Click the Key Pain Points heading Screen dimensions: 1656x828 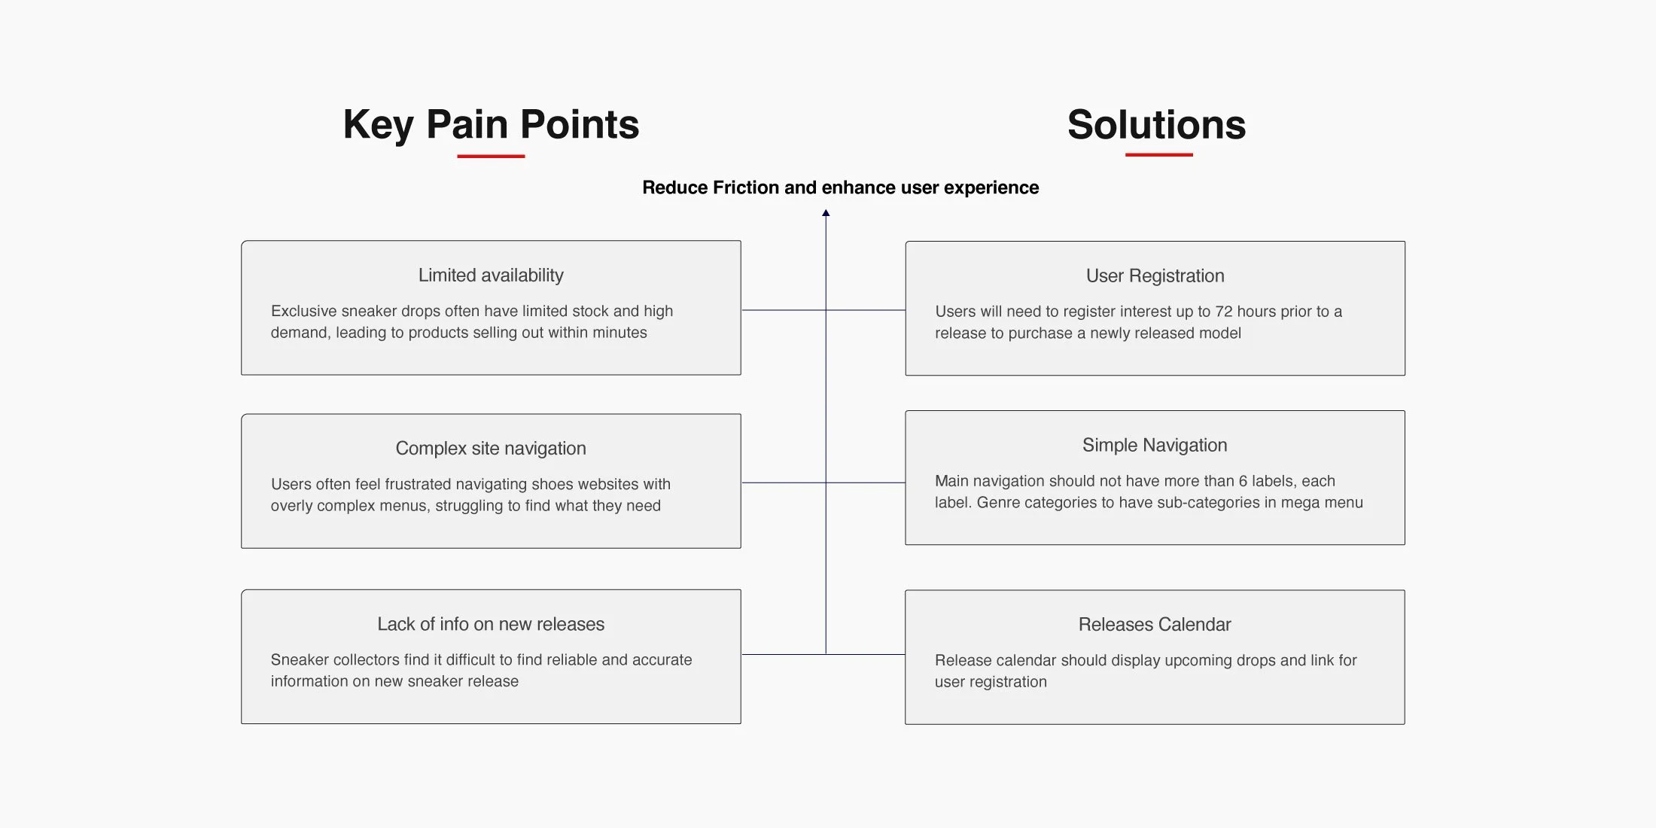(491, 125)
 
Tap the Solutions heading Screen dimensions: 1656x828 (1157, 125)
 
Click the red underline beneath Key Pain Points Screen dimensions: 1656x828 (491, 156)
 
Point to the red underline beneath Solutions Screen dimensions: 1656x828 (1159, 155)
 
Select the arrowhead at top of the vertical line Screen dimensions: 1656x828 (826, 213)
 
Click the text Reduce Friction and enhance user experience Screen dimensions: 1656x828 (840, 187)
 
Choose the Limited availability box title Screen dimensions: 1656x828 (491, 275)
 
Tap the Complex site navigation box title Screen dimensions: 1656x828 (491, 449)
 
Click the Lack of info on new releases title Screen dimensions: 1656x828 (491, 624)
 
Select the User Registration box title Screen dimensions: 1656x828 (1155, 276)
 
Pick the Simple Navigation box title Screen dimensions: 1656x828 (1155, 446)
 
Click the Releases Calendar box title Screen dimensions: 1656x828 (1155, 625)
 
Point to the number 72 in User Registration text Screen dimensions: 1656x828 (1224, 312)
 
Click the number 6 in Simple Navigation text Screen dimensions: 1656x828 (1243, 481)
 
